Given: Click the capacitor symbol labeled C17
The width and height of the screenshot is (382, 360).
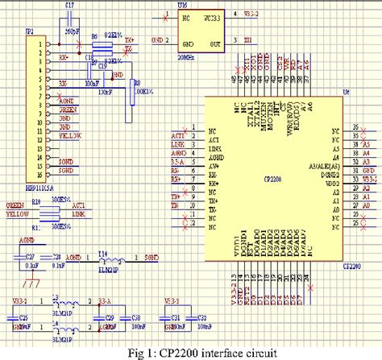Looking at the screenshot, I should tap(70, 29).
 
